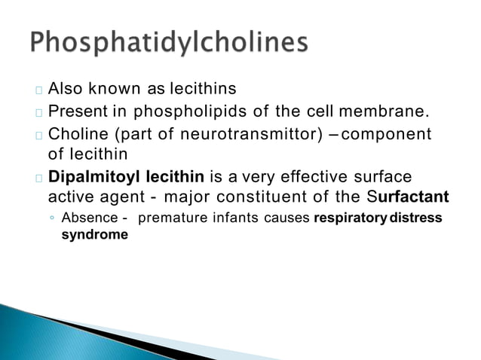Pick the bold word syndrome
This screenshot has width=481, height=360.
94,234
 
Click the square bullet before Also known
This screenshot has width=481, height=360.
38,90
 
